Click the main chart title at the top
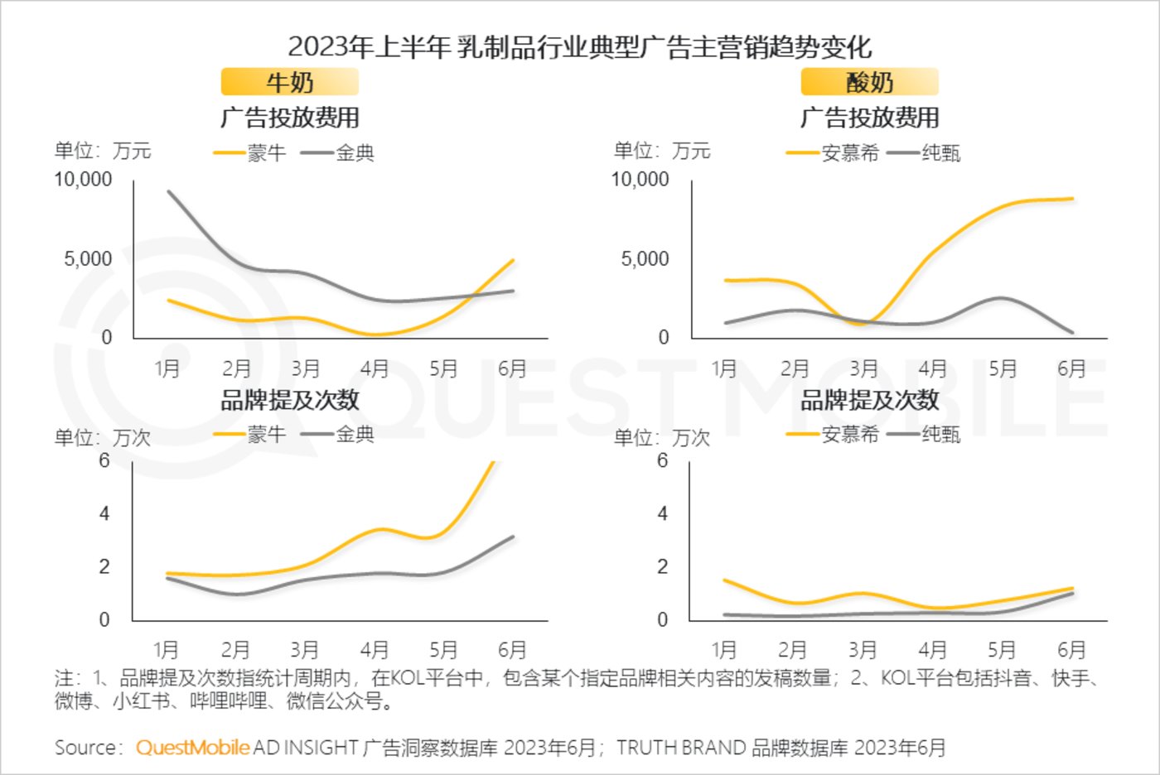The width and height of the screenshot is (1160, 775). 579,46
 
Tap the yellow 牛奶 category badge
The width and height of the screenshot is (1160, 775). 289,83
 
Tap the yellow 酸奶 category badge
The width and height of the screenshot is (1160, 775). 869,83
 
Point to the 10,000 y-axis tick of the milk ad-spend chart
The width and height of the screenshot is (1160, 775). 83,180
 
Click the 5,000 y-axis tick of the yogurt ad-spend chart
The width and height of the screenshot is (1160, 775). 645,259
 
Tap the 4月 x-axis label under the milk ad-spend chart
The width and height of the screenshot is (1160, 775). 375,368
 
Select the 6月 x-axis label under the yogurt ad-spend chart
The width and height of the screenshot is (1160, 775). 1071,368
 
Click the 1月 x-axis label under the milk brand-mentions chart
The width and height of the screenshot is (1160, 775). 167,650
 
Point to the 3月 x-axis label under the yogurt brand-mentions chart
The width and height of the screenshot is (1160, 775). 863,650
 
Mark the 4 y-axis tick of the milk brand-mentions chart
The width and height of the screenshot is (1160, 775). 104,514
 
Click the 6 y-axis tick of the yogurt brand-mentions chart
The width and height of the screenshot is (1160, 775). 662,461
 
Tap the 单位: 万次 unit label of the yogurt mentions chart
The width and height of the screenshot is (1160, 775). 661,438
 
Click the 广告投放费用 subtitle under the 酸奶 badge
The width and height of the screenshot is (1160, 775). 869,118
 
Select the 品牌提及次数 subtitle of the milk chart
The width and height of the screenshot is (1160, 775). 289,400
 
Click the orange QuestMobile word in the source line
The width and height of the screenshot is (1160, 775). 192,748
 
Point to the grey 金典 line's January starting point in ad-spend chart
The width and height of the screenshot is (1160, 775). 169,191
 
